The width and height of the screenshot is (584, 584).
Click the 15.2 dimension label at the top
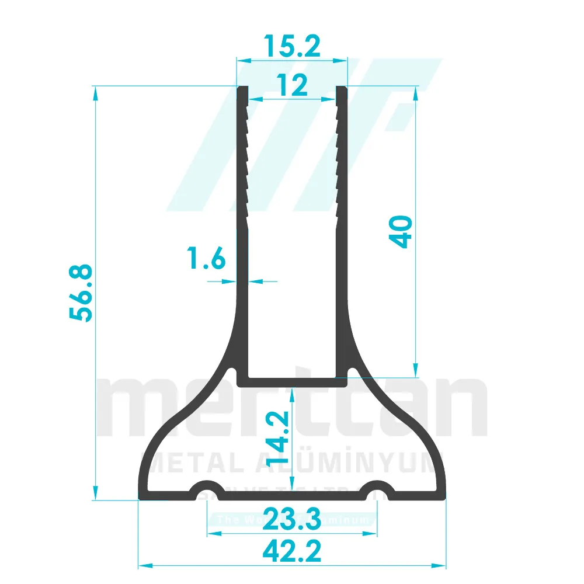tap(291, 46)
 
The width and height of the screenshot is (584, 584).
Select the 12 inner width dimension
tap(291, 86)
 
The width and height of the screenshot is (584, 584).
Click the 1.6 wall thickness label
tap(206, 258)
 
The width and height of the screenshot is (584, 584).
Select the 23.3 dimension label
tap(291, 518)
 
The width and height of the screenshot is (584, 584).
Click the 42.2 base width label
tap(291, 551)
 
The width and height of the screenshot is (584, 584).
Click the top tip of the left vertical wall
tap(242, 89)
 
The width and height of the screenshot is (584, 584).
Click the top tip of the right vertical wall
tap(342, 89)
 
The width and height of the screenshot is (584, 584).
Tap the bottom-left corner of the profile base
tap(140, 498)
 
